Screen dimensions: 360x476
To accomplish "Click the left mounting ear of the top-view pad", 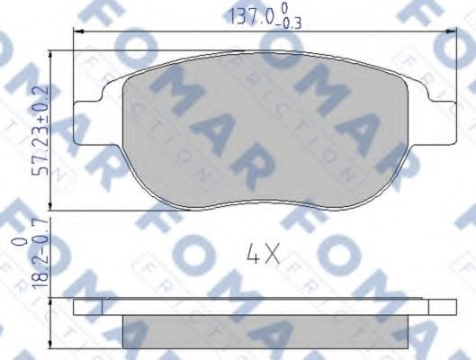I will [88, 109].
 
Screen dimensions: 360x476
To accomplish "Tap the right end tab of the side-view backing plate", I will [437, 307].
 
